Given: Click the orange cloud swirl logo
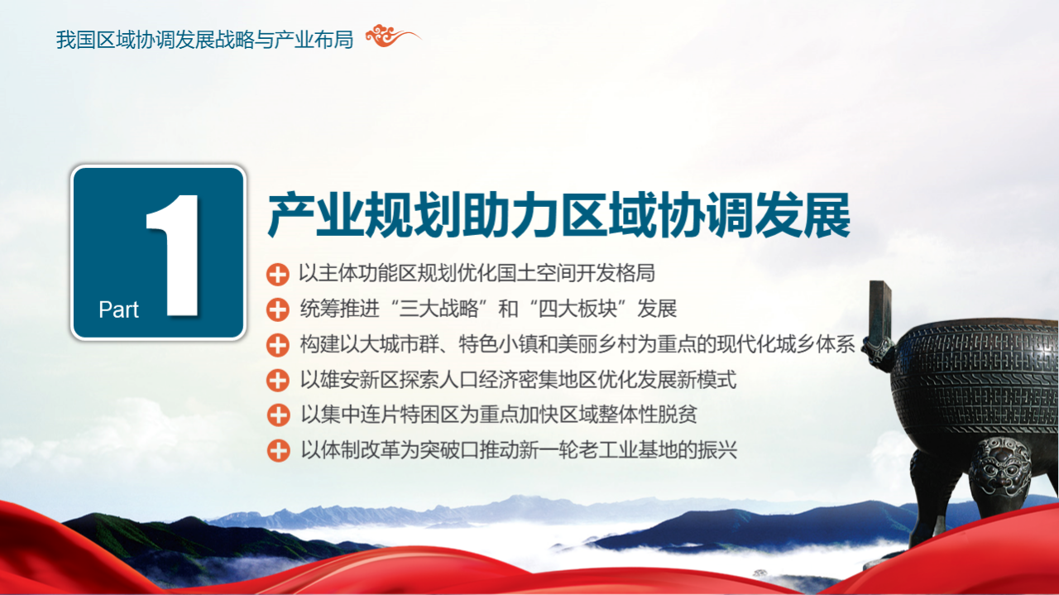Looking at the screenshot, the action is pos(392,36).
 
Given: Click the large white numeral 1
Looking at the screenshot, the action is pos(174,255).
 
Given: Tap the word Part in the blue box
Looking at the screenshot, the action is pos(118,309).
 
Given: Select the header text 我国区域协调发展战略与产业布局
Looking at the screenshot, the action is pos(204,39).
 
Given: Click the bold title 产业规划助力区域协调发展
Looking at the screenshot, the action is pos(559,215).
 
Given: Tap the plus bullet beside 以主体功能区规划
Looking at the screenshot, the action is pos(277,275).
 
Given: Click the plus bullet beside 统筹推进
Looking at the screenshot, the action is pos(277,309).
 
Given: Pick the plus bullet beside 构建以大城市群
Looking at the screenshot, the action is pos(277,345).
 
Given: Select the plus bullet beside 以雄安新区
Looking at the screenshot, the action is pos(277,381).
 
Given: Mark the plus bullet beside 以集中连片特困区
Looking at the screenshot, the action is pos(278,415).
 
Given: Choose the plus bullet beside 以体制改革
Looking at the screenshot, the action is pos(278,450).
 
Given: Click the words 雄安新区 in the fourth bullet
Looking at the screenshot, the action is pos(360,380).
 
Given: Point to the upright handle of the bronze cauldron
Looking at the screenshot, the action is pos(880,310).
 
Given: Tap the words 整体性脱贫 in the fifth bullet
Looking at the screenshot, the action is pos(648,415).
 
